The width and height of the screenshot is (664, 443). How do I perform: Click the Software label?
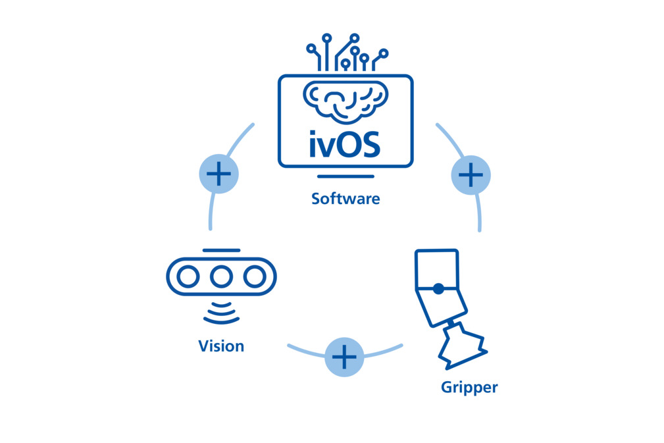pyautogui.click(x=345, y=198)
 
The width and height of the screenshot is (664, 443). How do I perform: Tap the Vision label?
pyautogui.click(x=221, y=346)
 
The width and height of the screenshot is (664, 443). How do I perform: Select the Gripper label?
pyautogui.click(x=469, y=387)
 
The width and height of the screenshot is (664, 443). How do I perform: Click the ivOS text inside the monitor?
pyautogui.click(x=345, y=144)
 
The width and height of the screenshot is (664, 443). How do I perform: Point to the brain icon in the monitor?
pyautogui.click(x=345, y=101)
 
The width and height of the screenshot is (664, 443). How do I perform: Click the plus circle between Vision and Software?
pyautogui.click(x=218, y=174)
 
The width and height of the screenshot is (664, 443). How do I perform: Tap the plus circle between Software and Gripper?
pyautogui.click(x=471, y=175)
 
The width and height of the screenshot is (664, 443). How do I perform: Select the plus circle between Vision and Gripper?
pyautogui.click(x=344, y=357)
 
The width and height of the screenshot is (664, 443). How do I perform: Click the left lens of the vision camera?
pyautogui.click(x=188, y=277)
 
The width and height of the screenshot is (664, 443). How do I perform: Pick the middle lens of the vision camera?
pyautogui.click(x=221, y=277)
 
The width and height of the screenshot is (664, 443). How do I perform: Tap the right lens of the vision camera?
pyautogui.click(x=254, y=277)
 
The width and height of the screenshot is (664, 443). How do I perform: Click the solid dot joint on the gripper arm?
pyautogui.click(x=438, y=288)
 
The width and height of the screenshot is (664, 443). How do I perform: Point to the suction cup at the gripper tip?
pyautogui.click(x=463, y=350)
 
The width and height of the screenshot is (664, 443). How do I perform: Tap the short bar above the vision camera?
pyautogui.click(x=221, y=251)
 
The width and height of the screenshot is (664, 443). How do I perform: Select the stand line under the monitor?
pyautogui.click(x=345, y=176)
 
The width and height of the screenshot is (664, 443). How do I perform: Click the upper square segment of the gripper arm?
pyautogui.click(x=436, y=269)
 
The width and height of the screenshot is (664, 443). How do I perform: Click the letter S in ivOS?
pyautogui.click(x=370, y=144)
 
